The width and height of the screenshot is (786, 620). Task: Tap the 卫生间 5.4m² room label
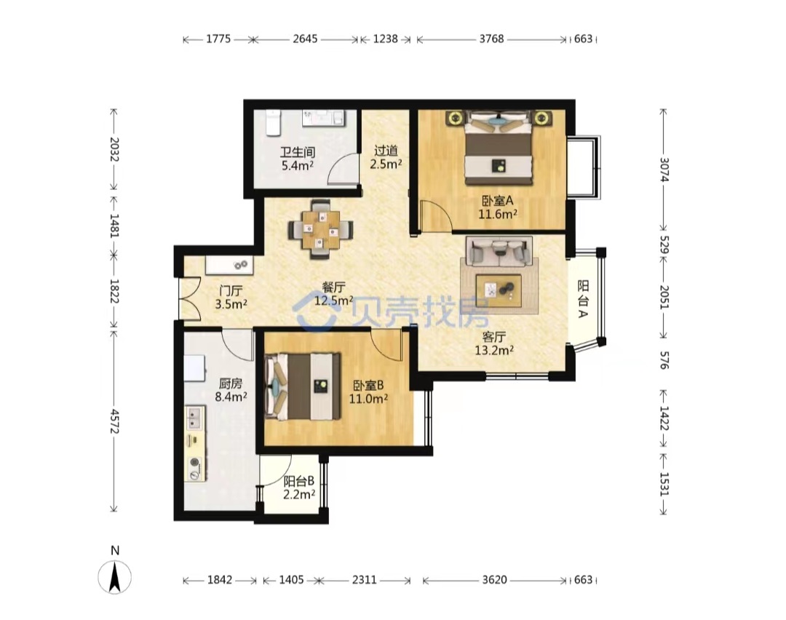[x=297, y=159]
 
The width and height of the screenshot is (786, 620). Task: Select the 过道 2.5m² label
[x=386, y=157]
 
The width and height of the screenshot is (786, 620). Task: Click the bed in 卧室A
[x=498, y=147]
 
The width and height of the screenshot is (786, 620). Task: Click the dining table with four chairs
[x=320, y=229]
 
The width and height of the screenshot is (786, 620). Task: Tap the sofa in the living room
[x=499, y=250]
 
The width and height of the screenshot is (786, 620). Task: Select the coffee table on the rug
[x=499, y=290]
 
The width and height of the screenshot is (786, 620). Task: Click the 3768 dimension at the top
[x=491, y=39]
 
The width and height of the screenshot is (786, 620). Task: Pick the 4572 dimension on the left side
[x=115, y=421]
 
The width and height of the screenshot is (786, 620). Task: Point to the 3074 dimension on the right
[x=664, y=170]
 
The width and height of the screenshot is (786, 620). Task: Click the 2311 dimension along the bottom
[x=364, y=580]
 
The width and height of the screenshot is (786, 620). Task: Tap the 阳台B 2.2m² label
[x=299, y=488]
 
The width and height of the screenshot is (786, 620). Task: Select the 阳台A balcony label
[x=583, y=299]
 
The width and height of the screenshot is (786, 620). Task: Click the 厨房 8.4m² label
[x=231, y=390]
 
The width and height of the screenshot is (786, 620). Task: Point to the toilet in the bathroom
[x=273, y=123]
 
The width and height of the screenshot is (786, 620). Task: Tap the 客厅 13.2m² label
[x=493, y=343]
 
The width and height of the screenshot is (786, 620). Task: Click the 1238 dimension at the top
[x=386, y=39]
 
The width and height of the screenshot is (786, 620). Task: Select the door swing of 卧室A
[x=436, y=215]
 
